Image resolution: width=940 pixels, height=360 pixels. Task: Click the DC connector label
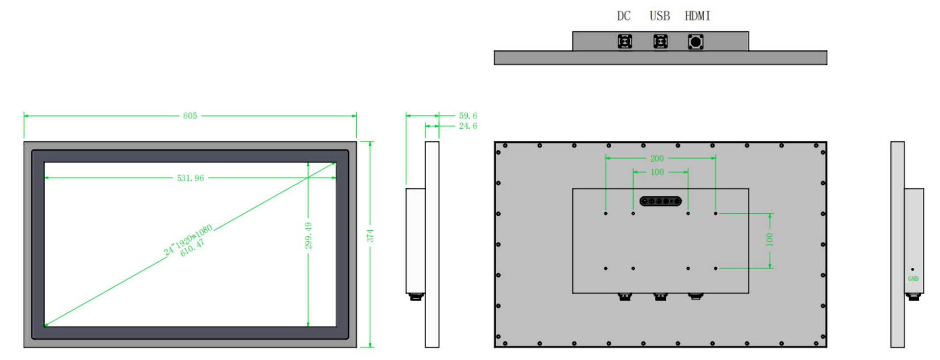pyautogui.click(x=623, y=16)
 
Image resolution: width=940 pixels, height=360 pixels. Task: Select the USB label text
pyautogui.click(x=660, y=16)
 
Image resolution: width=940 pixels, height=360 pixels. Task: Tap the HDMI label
pyautogui.click(x=697, y=16)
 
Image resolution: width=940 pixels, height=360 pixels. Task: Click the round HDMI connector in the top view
pyautogui.click(x=696, y=42)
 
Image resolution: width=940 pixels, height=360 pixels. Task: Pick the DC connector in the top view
pyautogui.click(x=625, y=42)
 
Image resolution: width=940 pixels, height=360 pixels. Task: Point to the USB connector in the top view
pyautogui.click(x=660, y=42)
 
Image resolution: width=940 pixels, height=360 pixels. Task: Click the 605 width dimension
pyautogui.click(x=190, y=116)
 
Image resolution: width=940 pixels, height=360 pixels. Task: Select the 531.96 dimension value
pyautogui.click(x=190, y=178)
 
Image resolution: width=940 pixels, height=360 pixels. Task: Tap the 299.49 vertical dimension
pyautogui.click(x=308, y=235)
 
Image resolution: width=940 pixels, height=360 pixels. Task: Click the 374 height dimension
pyautogui.click(x=370, y=235)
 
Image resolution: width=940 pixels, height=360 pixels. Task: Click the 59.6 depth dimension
pyautogui.click(x=468, y=116)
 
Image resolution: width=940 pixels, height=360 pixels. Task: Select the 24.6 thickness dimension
pyautogui.click(x=468, y=126)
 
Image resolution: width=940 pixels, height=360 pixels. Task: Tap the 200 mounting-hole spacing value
pyautogui.click(x=657, y=159)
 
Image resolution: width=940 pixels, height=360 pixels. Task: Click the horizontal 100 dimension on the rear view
pyautogui.click(x=657, y=172)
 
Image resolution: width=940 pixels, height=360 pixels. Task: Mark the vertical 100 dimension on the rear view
pyautogui.click(x=770, y=240)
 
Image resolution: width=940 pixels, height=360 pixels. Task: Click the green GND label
pyautogui.click(x=913, y=279)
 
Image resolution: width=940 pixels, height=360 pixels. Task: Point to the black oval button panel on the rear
pyautogui.click(x=660, y=201)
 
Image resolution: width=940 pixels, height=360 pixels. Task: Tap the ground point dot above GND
pyautogui.click(x=912, y=269)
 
